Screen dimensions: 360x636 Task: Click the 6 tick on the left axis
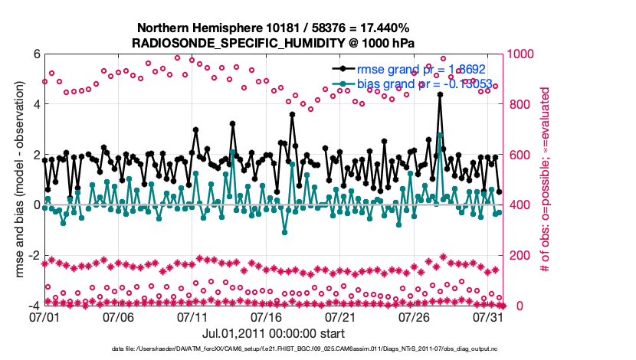35,54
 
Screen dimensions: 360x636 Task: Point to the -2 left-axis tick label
33,255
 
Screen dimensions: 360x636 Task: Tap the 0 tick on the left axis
35,205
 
